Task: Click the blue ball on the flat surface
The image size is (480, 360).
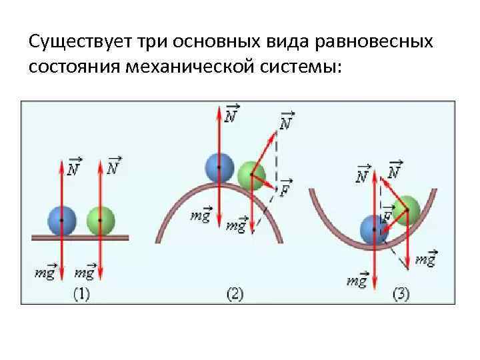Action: coord(61,220)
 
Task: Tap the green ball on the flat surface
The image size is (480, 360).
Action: coord(101,220)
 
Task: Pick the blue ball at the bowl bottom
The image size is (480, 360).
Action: coord(374,229)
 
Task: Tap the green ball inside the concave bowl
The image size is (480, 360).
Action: coord(405,209)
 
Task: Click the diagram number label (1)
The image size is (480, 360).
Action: coord(81,294)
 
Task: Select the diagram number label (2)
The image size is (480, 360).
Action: coord(237,294)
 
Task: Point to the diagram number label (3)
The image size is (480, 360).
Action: coord(401,294)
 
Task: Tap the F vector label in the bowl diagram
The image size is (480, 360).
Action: coord(387,216)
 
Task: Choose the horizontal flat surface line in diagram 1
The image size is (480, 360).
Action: coord(80,235)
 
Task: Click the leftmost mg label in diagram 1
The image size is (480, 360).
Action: coord(45,272)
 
